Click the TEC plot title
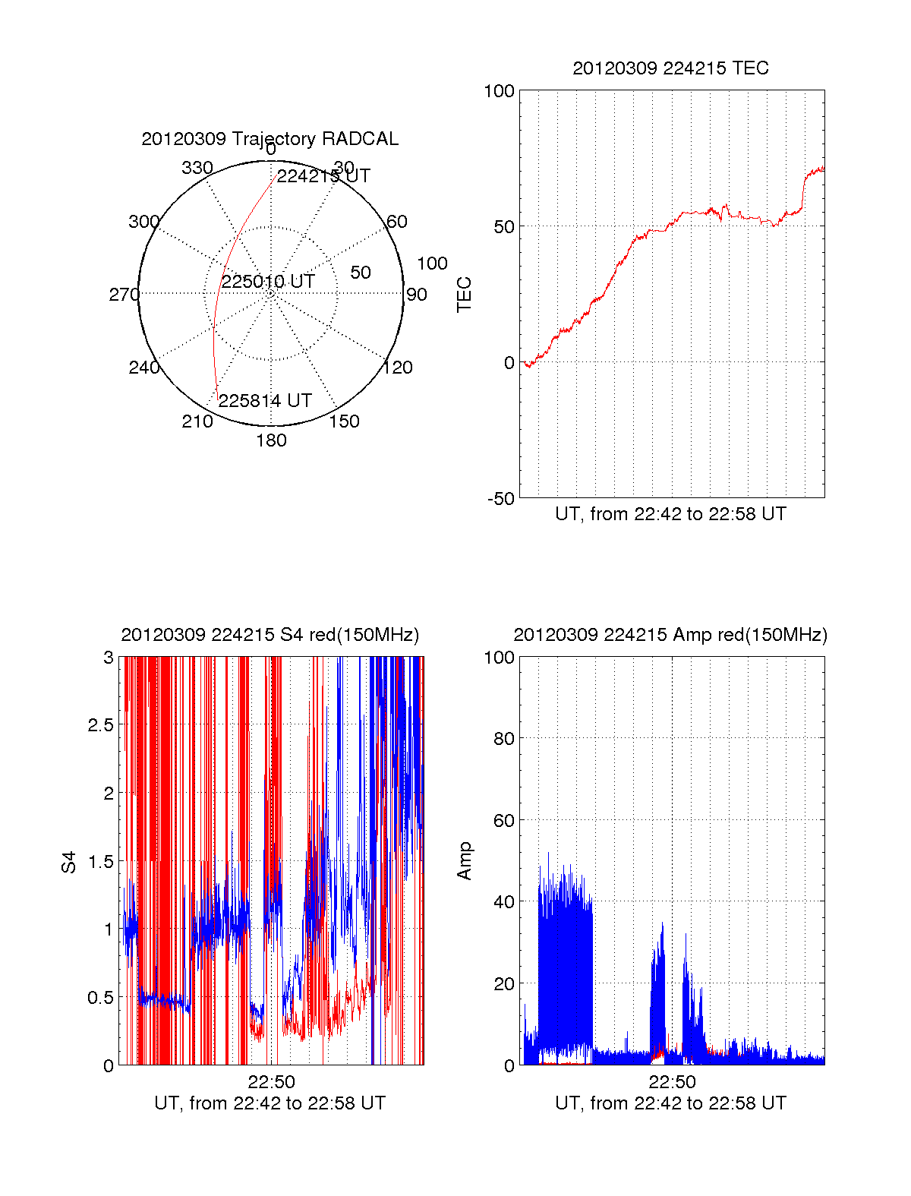click(x=670, y=68)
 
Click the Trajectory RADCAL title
click(x=270, y=139)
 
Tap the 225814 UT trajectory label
click(x=265, y=401)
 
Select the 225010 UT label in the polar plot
click(x=268, y=282)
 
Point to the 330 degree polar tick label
click(x=197, y=168)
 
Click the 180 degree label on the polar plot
click(x=271, y=440)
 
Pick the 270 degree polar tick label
click(x=124, y=295)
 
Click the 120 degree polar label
click(x=398, y=368)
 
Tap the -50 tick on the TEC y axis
click(x=500, y=499)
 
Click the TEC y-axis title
click(x=464, y=294)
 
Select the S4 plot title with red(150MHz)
click(x=270, y=635)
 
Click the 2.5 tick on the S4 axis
click(x=100, y=725)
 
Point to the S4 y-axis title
click(x=69, y=862)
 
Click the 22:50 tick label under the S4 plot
click(x=271, y=1082)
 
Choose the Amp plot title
click(x=670, y=635)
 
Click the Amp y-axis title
click(x=464, y=860)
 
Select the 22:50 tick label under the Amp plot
click(x=672, y=1082)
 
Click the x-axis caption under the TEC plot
click(x=670, y=514)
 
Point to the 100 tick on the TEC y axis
click(x=499, y=92)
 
